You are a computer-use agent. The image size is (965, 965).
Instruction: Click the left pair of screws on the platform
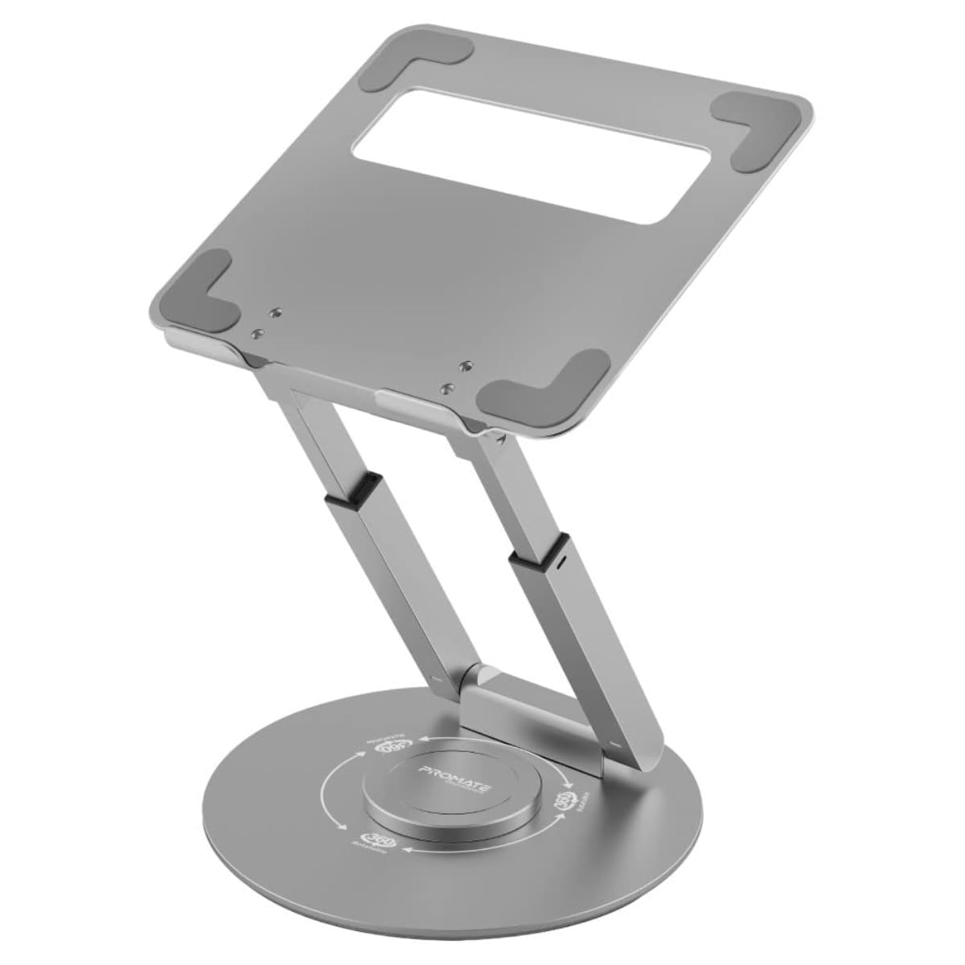266,322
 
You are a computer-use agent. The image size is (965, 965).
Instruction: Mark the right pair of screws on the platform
456,377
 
